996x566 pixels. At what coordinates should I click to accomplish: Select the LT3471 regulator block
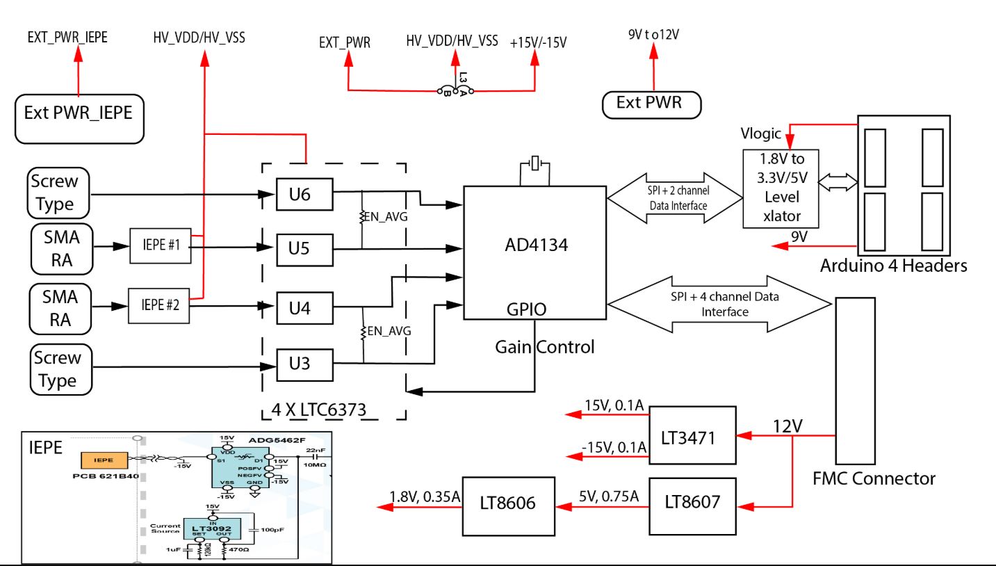coord(692,435)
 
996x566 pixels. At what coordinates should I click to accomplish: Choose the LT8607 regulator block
coord(692,501)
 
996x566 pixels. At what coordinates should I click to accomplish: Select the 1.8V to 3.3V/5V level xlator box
coord(781,188)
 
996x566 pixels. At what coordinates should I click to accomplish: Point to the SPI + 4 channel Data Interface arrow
coord(719,304)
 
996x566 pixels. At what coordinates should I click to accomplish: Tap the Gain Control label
coord(544,346)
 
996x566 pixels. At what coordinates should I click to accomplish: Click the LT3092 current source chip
coord(211,529)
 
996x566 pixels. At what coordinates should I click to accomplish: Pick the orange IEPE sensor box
coord(104,460)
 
